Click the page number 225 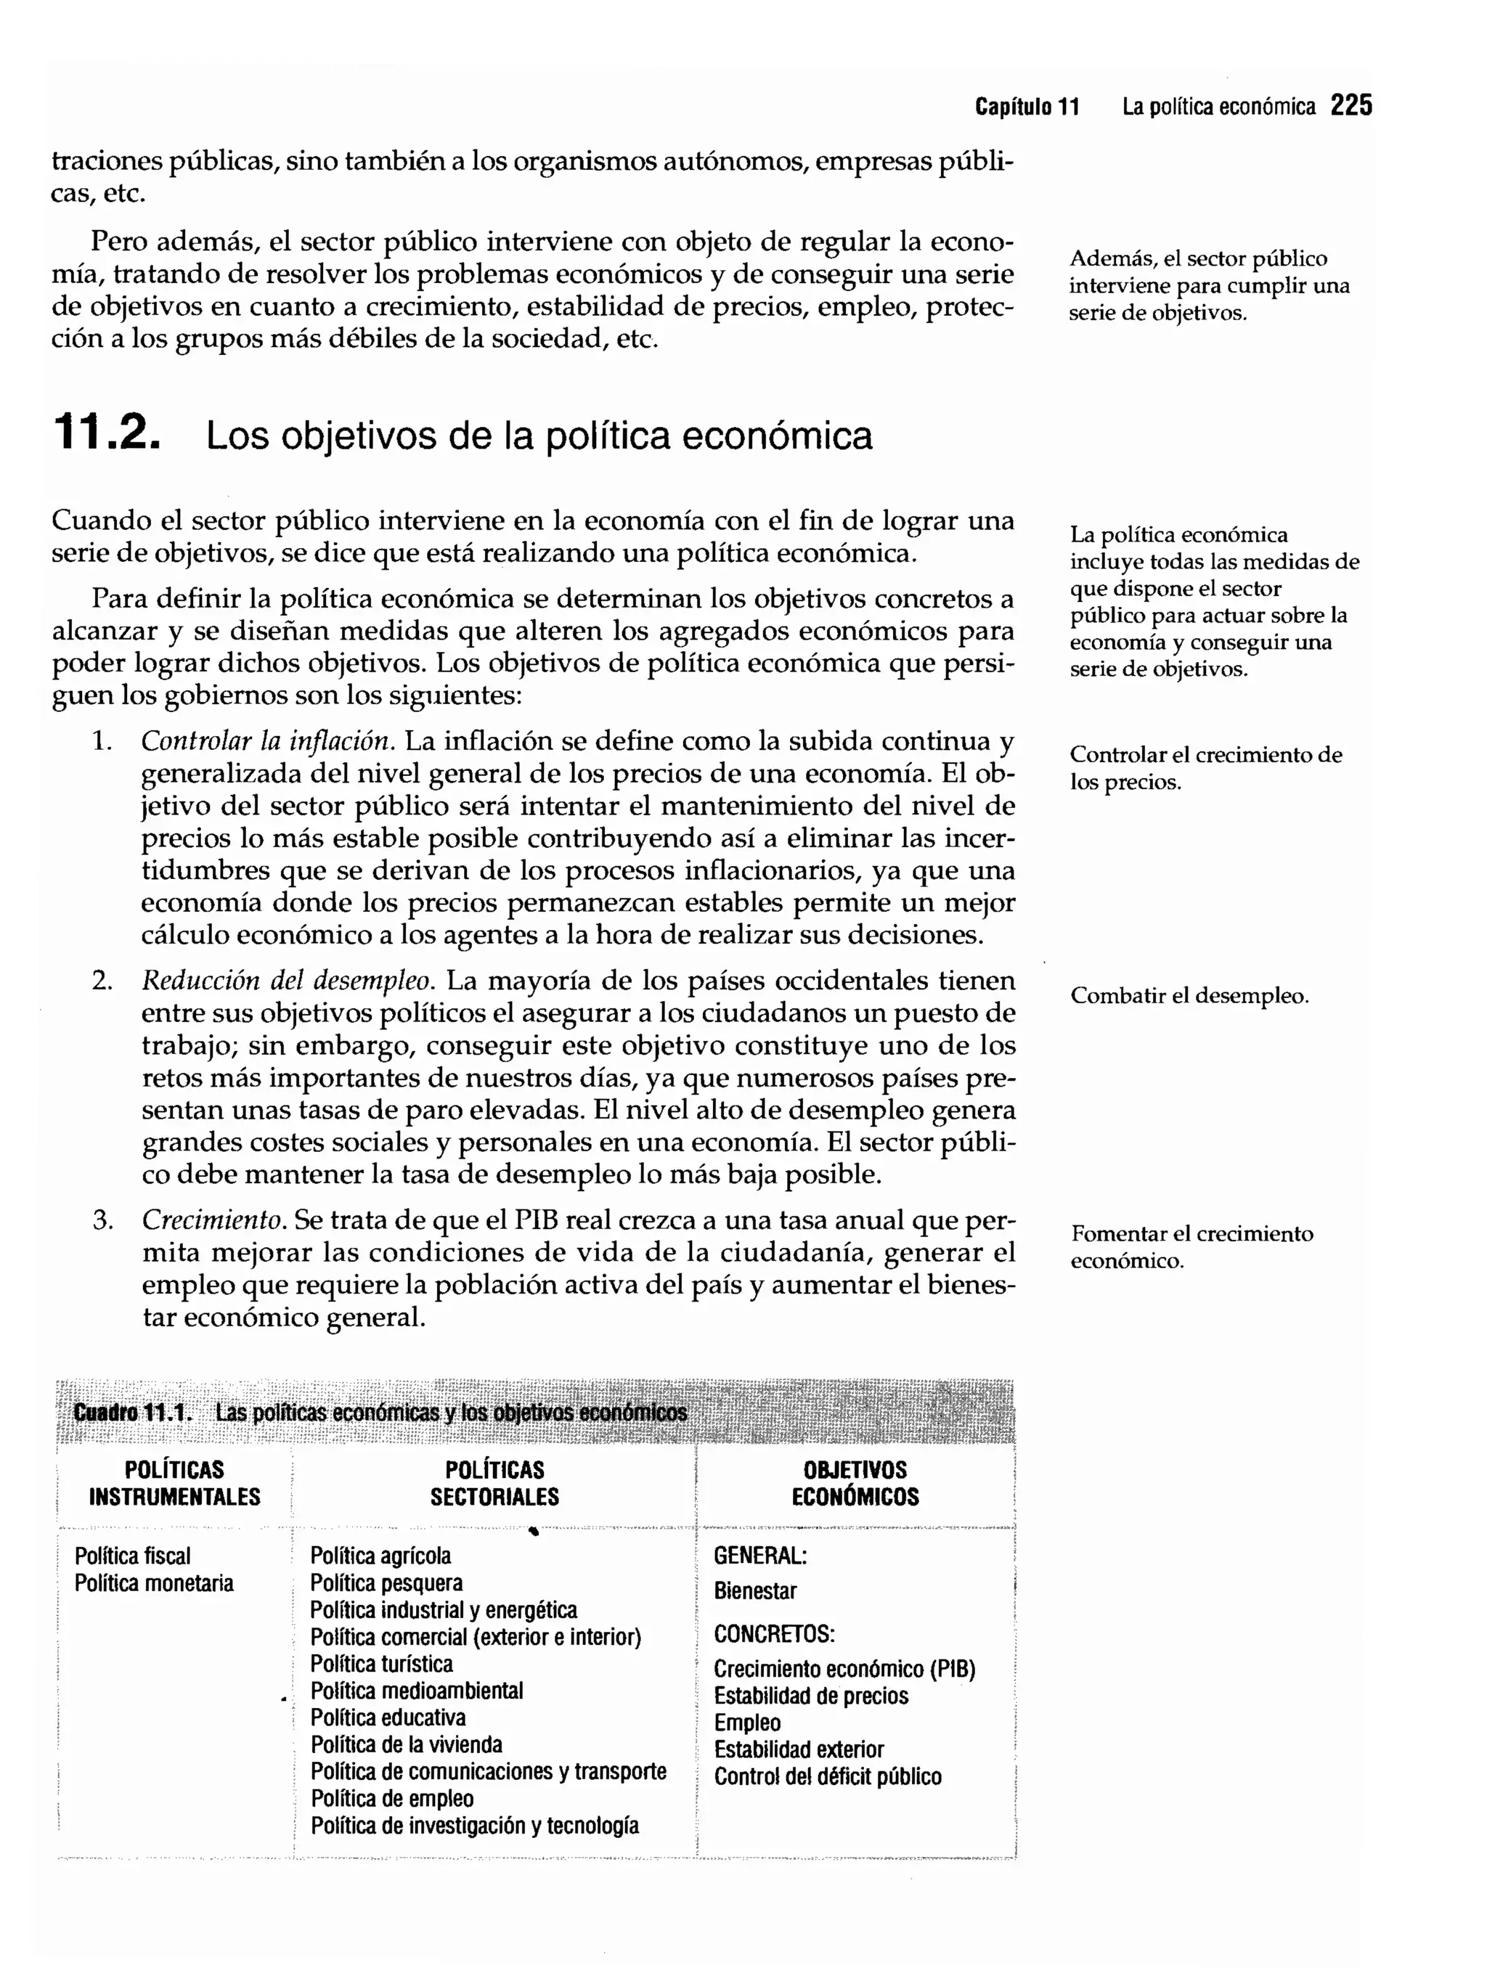[1350, 106]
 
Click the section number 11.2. [107, 433]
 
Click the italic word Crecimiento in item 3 [213, 1220]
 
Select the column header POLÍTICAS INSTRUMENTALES [174, 1483]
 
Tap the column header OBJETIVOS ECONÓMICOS [855, 1483]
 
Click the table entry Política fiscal [133, 1556]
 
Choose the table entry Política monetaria [155, 1583]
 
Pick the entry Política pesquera [386, 1583]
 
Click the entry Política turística [381, 1664]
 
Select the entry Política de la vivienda [406, 1744]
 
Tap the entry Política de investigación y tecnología [475, 1825]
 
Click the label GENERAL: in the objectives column [760, 1556]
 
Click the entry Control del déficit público [827, 1777]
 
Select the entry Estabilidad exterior [799, 1750]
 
